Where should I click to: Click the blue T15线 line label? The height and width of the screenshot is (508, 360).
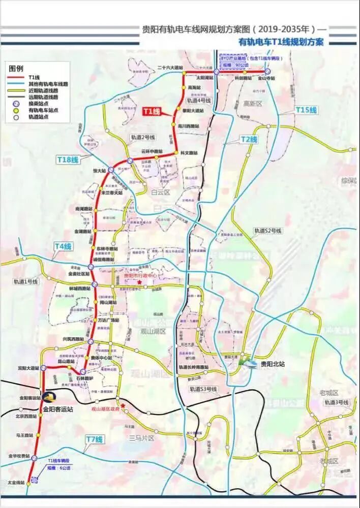(x=306, y=110)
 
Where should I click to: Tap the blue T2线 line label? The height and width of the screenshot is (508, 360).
(x=249, y=139)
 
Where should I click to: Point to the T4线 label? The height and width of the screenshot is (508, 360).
(x=64, y=246)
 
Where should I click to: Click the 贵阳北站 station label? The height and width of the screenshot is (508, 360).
(x=271, y=364)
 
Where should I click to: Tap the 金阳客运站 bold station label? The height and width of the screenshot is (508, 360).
(x=58, y=408)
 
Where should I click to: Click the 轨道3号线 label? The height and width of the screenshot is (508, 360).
(x=337, y=402)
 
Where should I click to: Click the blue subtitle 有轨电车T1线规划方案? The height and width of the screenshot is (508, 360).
(x=281, y=42)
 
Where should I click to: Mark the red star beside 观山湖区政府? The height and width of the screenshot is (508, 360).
(x=123, y=406)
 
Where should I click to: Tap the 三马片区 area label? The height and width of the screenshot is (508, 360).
(x=141, y=437)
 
